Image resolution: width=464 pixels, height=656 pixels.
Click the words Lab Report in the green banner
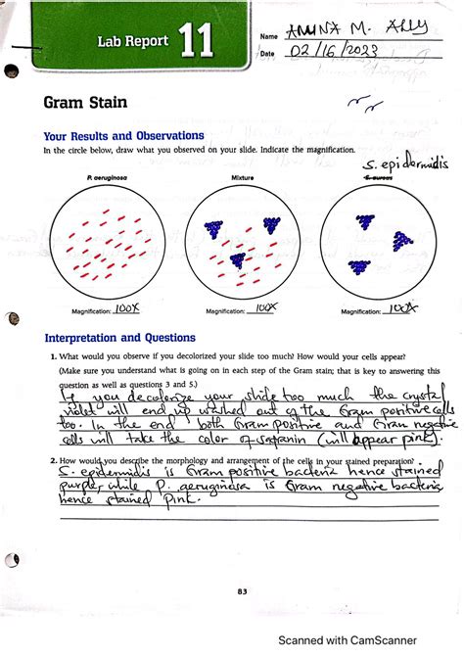pos(132,41)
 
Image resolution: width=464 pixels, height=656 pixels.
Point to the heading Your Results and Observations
pos(123,135)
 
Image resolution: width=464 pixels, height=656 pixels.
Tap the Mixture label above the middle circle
pos(242,177)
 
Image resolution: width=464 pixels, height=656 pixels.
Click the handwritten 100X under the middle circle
pos(262,307)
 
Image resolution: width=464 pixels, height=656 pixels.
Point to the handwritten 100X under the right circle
pos(399,307)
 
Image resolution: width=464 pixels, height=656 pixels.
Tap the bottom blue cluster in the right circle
pos(358,265)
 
